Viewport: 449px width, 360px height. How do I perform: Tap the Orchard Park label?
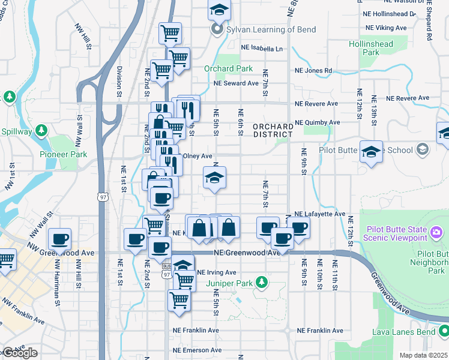228,69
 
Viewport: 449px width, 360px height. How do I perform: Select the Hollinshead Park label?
371,48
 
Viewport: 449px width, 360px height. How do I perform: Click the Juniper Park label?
227,283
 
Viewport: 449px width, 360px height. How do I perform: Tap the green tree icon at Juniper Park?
261,281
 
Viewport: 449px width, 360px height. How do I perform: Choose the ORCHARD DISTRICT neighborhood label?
273,130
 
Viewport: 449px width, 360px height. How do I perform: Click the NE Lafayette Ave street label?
320,214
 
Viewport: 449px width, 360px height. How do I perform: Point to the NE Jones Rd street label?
313,70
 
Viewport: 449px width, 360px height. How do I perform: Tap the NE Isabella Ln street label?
261,48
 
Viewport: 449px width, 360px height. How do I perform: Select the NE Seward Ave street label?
237,83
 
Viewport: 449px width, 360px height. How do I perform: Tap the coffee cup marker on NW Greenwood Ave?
59,240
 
